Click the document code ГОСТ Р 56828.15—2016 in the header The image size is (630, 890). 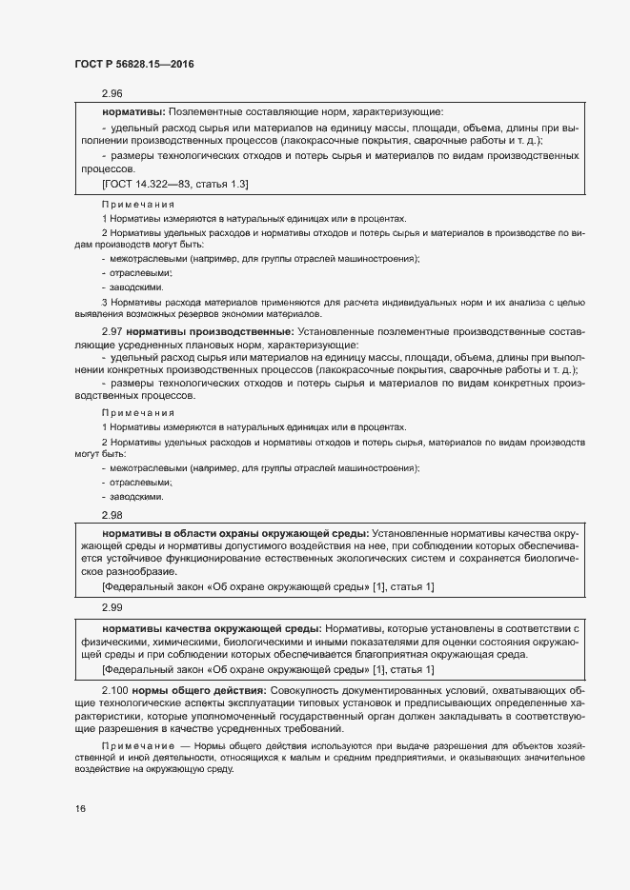[x=134, y=63]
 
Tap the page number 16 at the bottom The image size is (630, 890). [x=80, y=809]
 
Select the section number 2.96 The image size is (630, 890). [x=112, y=94]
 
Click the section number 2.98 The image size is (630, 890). [x=112, y=514]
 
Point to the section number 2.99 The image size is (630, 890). [x=112, y=605]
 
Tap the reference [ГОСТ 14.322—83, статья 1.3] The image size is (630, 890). [x=162, y=184]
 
